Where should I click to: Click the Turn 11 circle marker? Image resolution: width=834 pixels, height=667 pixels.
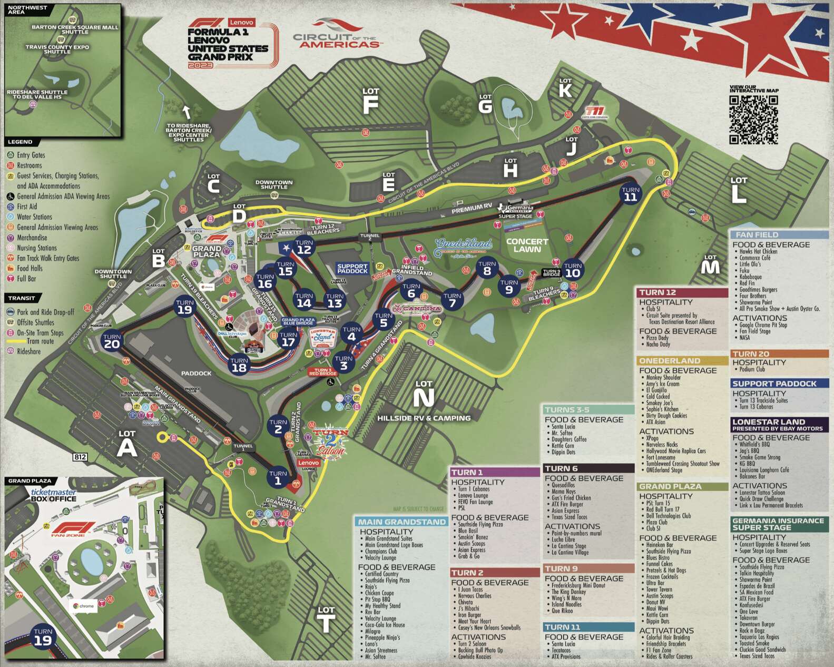630,194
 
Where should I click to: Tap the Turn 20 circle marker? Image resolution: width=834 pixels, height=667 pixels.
112,341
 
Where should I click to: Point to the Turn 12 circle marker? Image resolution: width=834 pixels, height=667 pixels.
304,247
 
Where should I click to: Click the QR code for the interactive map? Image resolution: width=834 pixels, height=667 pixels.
753,119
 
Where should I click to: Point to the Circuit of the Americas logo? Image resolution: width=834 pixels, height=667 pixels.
337,34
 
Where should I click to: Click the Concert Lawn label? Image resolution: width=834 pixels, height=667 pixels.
527,245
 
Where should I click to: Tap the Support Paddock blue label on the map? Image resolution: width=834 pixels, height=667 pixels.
352,269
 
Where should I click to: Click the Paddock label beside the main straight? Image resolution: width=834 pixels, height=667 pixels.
196,373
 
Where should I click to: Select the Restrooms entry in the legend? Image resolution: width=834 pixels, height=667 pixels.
30,165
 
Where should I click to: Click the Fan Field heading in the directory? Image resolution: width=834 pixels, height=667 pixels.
757,235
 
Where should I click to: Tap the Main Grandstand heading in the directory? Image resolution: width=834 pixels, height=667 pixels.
401,522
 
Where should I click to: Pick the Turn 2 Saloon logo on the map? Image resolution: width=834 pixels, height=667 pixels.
331,442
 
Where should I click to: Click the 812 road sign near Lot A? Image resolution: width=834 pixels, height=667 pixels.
80,457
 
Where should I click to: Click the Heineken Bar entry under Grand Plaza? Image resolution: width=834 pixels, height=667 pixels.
659,545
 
